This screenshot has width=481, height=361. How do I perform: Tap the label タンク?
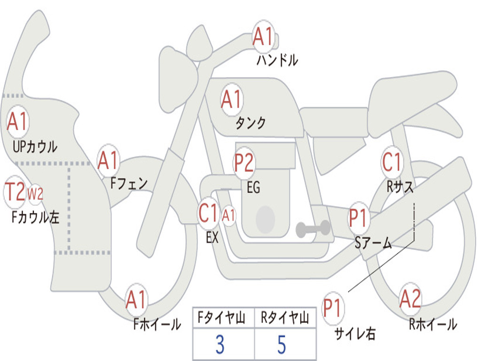[250, 123]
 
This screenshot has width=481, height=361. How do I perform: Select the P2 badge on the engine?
[244, 163]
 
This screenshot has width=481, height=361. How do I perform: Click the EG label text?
[253, 188]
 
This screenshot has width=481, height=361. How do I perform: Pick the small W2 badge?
[36, 194]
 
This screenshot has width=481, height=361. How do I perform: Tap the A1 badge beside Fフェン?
[109, 161]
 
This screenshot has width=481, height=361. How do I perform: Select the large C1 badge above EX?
[209, 214]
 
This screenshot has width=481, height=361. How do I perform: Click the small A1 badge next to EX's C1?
[228, 216]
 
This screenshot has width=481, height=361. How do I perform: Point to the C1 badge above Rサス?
[392, 163]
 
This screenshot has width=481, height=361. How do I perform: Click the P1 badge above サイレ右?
[333, 308]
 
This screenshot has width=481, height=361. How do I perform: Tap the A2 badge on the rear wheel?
[410, 299]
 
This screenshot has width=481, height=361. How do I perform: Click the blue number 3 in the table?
[220, 344]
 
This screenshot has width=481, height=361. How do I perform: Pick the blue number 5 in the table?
[282, 344]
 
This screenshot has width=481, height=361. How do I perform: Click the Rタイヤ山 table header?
[285, 319]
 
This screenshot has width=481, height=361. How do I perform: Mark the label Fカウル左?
[35, 218]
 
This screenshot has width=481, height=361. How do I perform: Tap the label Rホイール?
[433, 324]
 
